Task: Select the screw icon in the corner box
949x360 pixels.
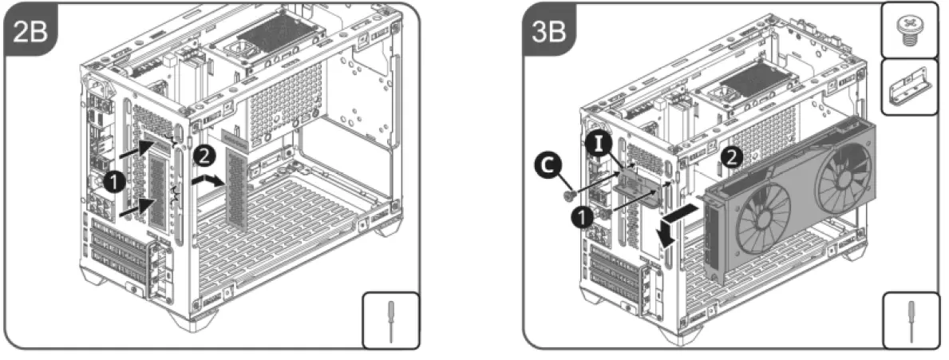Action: click(x=911, y=30)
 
